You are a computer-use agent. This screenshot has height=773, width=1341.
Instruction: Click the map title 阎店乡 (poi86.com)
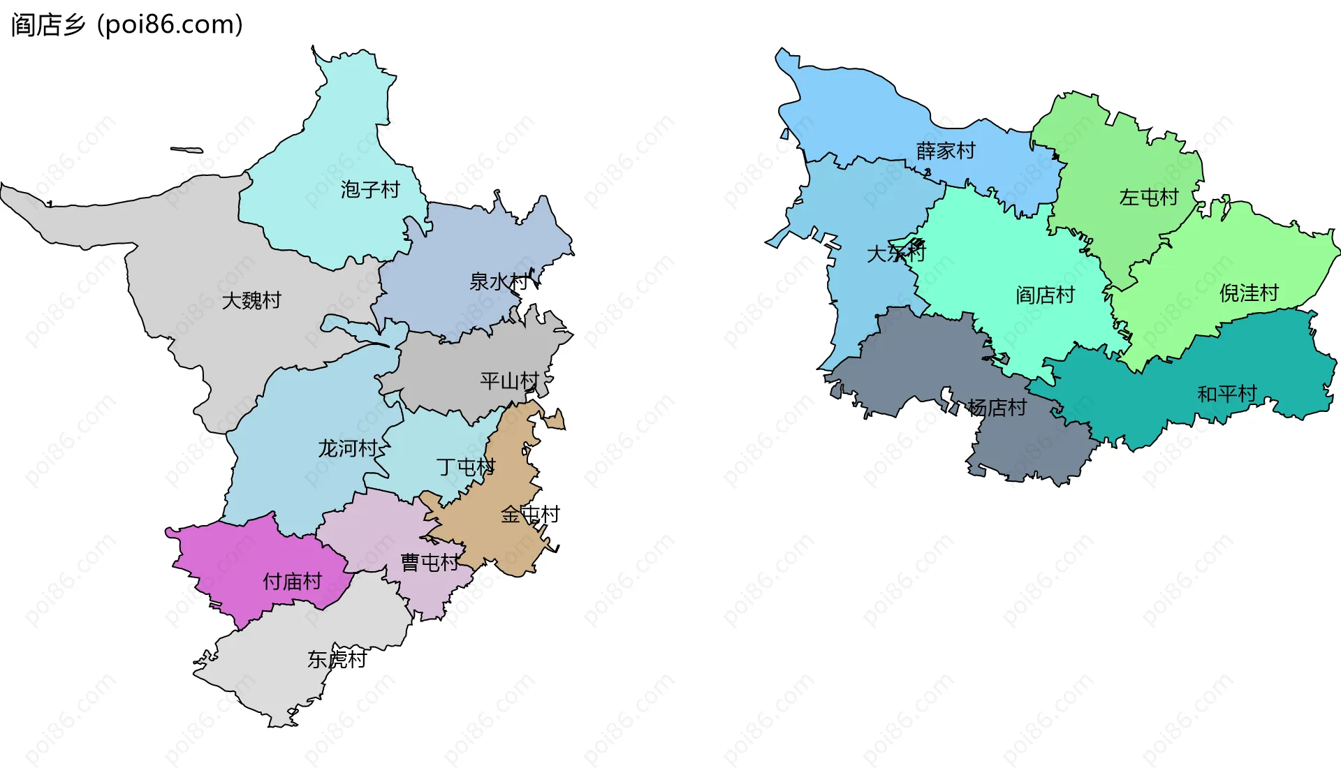[127, 24]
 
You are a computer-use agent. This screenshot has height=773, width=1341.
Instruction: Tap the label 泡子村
[370, 189]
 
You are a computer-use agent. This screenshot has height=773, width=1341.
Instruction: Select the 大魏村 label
[251, 300]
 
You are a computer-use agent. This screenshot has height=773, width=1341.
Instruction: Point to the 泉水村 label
[499, 282]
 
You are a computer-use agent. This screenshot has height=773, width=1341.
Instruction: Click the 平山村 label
[509, 381]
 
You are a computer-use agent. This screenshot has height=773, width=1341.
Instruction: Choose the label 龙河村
[348, 448]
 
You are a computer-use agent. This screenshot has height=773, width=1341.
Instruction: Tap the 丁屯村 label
[466, 466]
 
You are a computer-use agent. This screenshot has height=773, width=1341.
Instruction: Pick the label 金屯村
[530, 515]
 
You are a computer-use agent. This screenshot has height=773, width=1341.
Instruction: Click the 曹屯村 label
[430, 562]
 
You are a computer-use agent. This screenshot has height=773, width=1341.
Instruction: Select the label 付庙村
[292, 581]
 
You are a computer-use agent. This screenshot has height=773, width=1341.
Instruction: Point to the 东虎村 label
[337, 659]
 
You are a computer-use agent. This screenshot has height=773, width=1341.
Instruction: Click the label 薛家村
[946, 151]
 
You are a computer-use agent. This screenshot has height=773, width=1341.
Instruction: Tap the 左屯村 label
[1149, 198]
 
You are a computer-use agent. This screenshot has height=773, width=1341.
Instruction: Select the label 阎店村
[1045, 295]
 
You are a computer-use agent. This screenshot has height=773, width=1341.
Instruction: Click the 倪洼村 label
[1249, 293]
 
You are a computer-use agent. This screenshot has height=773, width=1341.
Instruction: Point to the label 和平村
[1227, 395]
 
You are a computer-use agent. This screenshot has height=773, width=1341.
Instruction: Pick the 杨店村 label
[997, 408]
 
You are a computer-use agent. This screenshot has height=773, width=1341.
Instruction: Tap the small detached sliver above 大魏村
[186, 149]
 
